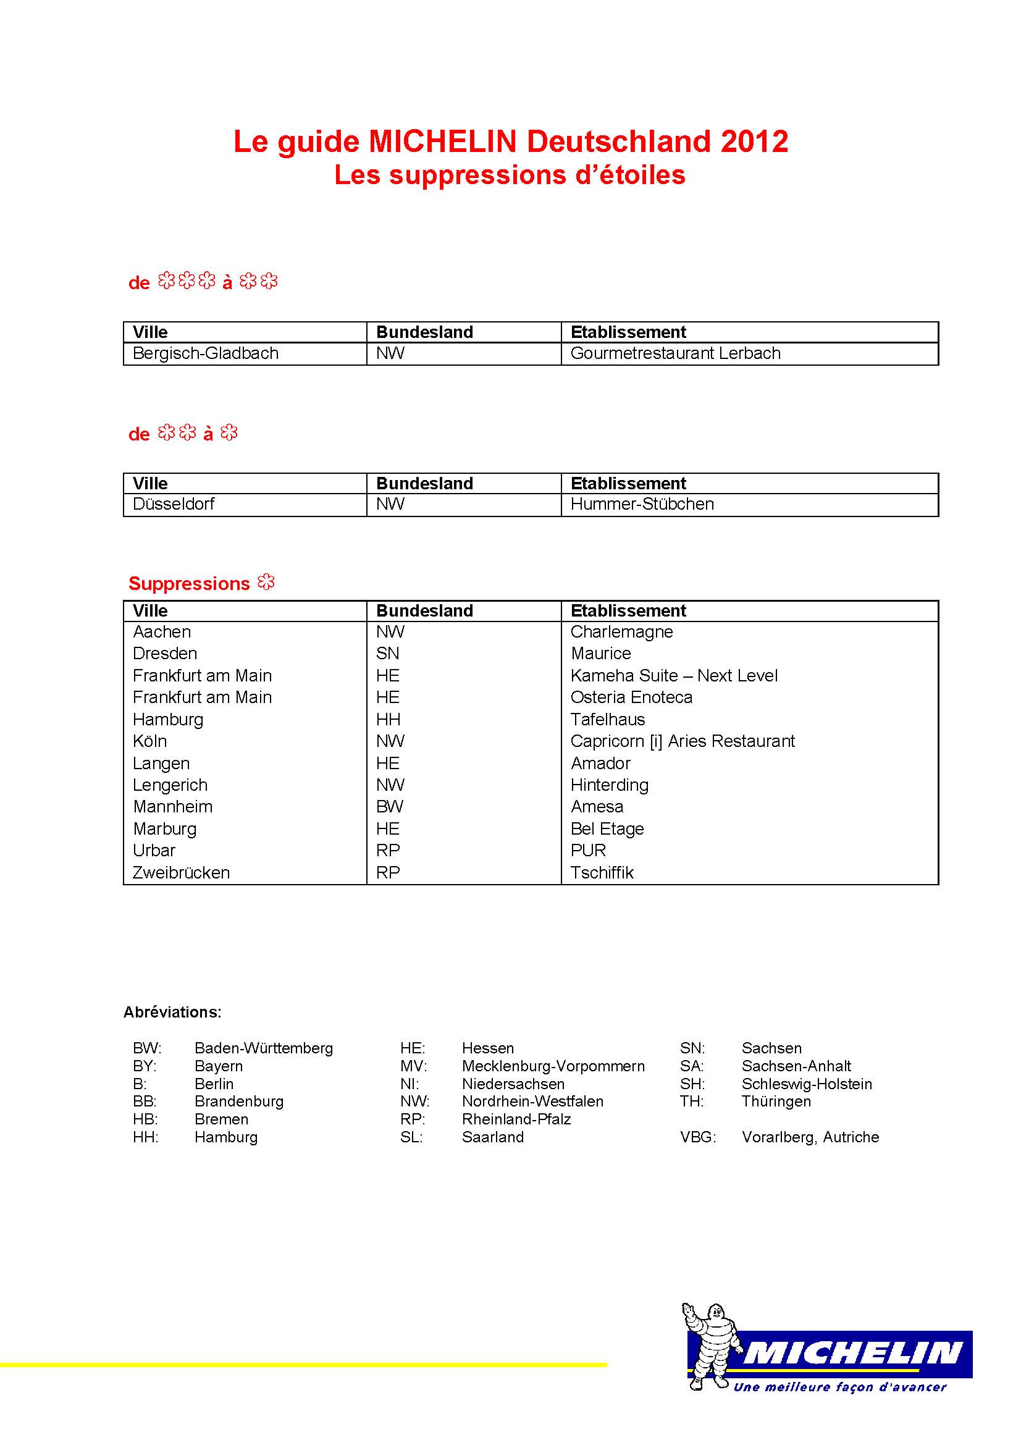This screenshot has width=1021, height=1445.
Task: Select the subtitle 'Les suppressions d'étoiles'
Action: click(x=510, y=175)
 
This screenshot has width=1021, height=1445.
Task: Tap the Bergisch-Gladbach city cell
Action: click(x=205, y=353)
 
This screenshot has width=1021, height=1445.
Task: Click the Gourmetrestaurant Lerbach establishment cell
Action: click(x=675, y=353)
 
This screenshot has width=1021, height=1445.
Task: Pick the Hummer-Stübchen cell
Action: click(x=642, y=503)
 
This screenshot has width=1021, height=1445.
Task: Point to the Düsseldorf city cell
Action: click(x=174, y=503)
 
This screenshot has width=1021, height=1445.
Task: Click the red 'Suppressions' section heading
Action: click(x=190, y=583)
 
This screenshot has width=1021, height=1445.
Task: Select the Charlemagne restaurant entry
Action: click(x=621, y=631)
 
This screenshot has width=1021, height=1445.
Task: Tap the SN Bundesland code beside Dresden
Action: click(x=387, y=653)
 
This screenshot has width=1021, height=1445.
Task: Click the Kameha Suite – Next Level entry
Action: click(x=674, y=675)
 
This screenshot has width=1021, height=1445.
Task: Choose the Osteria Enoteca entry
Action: click(x=631, y=697)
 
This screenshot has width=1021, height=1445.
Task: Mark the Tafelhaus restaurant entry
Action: click(x=608, y=718)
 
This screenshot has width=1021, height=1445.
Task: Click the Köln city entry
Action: click(x=149, y=741)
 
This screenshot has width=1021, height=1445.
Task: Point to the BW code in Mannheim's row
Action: click(x=389, y=806)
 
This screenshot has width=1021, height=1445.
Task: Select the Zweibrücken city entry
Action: click(x=181, y=872)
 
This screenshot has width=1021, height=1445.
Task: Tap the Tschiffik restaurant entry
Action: click(x=602, y=872)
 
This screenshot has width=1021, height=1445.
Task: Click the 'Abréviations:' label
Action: click(x=172, y=1012)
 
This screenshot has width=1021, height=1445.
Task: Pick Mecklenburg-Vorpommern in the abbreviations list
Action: click(x=553, y=1066)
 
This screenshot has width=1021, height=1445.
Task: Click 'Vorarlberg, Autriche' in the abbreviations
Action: click(x=810, y=1137)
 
